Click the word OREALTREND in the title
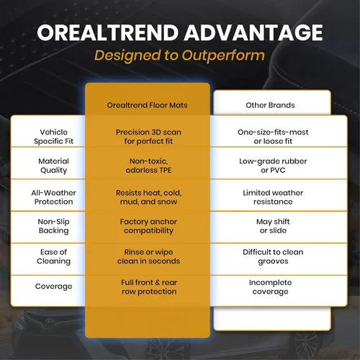(107, 32)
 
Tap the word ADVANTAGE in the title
(253, 32)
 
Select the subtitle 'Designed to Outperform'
(179, 56)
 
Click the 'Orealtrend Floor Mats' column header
(147, 105)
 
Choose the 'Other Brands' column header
(270, 105)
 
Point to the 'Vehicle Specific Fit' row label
(53, 137)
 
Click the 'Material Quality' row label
(53, 166)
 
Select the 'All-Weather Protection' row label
(53, 197)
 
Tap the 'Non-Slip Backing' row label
(53, 226)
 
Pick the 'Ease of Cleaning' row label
(53, 256)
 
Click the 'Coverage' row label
(53, 287)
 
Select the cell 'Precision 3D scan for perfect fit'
(148, 137)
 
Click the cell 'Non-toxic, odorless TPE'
(148, 166)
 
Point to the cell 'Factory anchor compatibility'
(148, 226)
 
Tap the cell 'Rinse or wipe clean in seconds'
(148, 256)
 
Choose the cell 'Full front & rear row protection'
(149, 287)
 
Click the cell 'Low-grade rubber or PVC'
(273, 166)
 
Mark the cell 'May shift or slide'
(273, 226)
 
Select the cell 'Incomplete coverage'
(270, 287)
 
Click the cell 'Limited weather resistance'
(273, 197)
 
